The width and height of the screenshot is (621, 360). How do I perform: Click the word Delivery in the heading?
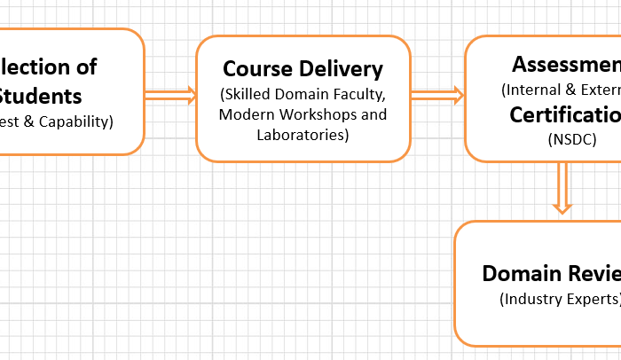pos(341,69)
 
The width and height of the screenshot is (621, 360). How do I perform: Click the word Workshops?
pos(318,115)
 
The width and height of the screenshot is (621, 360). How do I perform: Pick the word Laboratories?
pos(303,135)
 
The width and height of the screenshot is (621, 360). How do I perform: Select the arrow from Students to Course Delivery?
pos(170,96)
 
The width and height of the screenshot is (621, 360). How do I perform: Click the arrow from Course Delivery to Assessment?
pos(437,96)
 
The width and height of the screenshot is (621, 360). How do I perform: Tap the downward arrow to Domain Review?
pos(562,188)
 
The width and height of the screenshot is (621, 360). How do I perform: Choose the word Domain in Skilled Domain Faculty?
pos(302,94)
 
